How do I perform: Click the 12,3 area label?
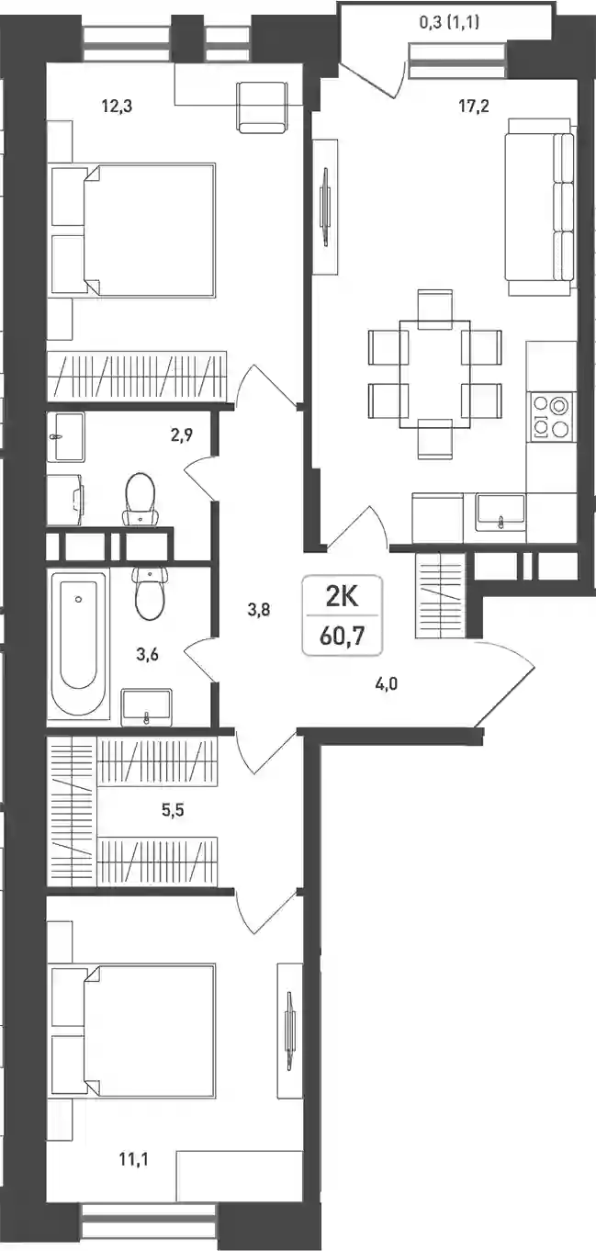pyautogui.click(x=117, y=106)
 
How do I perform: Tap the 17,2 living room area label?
pyautogui.click(x=474, y=106)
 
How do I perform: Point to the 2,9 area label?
pyautogui.click(x=182, y=434)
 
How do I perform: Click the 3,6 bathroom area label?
pyautogui.click(x=148, y=653)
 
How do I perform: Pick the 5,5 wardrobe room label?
pyautogui.click(x=173, y=810)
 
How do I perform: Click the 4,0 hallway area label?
pyautogui.click(x=386, y=682)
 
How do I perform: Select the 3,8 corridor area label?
pyautogui.click(x=259, y=609)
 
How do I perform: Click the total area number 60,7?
pyautogui.click(x=343, y=636)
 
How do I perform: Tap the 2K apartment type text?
pyautogui.click(x=342, y=598)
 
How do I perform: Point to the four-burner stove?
pyautogui.click(x=551, y=415)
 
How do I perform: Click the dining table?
pyautogui.click(x=434, y=374)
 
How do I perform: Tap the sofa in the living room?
pyautogui.click(x=540, y=207)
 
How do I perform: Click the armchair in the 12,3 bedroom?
pyautogui.click(x=263, y=107)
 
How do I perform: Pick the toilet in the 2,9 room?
pyautogui.click(x=140, y=499)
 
